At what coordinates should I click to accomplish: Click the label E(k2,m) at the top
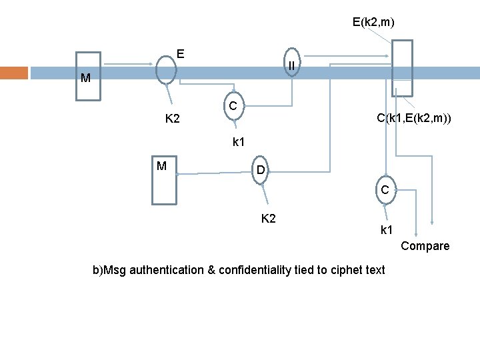[373, 23]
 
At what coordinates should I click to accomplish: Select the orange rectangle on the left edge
[14, 73]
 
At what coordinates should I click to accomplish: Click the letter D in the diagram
[261, 172]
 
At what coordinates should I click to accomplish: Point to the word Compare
[425, 246]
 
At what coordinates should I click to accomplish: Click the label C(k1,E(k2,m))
[413, 119]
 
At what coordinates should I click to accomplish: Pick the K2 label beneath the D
[269, 218]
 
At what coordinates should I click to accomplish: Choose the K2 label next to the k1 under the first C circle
[173, 119]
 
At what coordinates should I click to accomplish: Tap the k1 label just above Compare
[387, 231]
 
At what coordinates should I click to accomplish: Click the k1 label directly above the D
[239, 141]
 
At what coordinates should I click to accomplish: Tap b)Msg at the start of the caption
[109, 270]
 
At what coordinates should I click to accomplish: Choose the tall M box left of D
[164, 180]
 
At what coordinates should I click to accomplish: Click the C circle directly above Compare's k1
[385, 190]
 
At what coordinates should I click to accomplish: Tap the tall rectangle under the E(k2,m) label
[402, 68]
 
